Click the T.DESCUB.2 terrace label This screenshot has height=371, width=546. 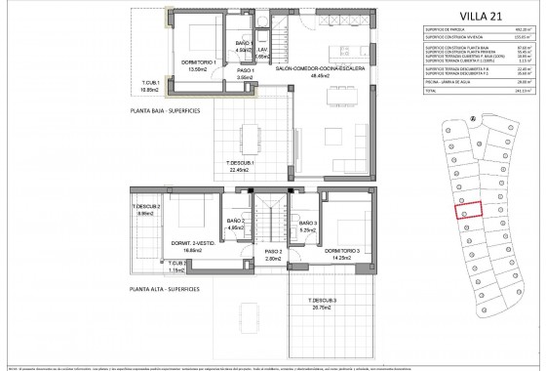pos(149,208)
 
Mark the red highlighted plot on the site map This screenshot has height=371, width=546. pos(470,210)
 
